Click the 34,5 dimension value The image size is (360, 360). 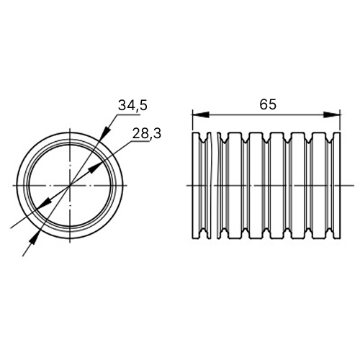(132, 105)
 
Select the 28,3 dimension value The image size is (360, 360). (147, 133)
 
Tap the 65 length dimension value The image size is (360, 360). (268, 104)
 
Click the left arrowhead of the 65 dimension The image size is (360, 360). (201, 114)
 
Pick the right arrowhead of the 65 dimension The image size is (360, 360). (332, 114)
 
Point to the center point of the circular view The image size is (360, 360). (70, 185)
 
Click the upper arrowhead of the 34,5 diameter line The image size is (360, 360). (107, 132)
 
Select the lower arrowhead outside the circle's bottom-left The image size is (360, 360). (35, 238)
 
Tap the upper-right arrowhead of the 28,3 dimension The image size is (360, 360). (94, 168)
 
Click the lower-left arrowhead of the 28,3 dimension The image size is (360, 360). (45, 202)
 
